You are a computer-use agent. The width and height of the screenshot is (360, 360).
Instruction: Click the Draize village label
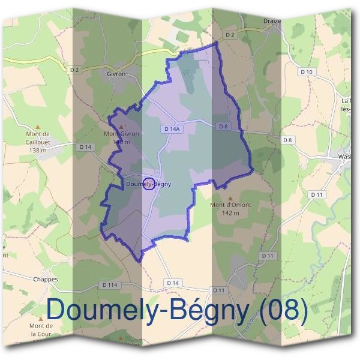tap(272, 21)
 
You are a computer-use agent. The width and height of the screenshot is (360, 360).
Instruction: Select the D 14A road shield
tap(171, 128)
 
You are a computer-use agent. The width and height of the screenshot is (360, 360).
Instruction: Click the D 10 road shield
tap(306, 72)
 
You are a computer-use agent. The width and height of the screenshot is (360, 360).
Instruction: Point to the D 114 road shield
tap(110, 284)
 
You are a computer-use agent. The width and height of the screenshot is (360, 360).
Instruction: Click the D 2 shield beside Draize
tap(230, 35)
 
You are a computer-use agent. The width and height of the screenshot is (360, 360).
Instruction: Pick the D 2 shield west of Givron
tap(74, 70)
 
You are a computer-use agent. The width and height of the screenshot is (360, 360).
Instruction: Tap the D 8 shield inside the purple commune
tap(223, 126)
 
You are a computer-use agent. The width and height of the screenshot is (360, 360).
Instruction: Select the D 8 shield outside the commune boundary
tap(287, 140)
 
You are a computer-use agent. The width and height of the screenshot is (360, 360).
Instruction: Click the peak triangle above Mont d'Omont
tap(230, 197)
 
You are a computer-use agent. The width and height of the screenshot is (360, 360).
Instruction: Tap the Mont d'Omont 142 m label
tap(230, 208)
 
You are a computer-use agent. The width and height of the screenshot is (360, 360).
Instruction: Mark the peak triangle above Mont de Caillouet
tap(37, 127)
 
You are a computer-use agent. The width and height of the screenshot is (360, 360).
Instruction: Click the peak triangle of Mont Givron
tap(121, 127)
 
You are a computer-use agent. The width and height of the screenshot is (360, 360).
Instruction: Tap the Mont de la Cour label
tap(41, 329)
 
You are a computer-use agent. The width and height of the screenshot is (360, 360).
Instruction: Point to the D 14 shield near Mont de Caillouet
tap(85, 146)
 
